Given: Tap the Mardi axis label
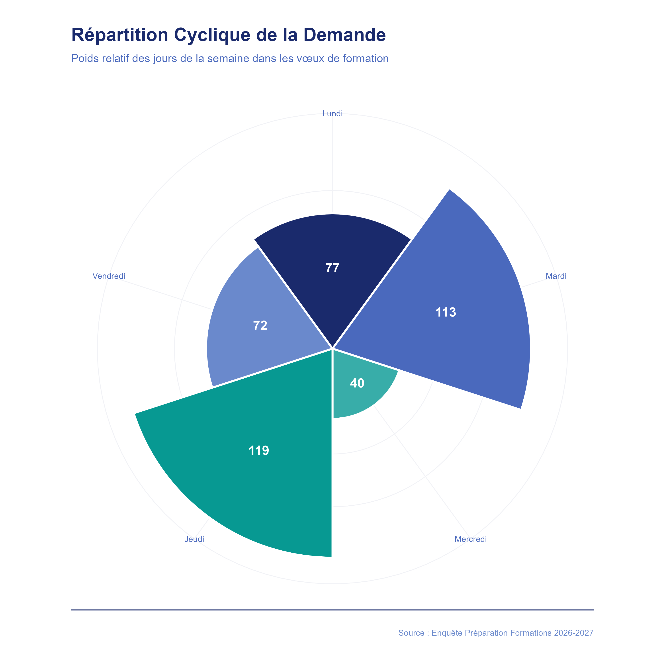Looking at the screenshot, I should coord(556,276).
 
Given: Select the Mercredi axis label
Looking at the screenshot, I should coord(471,539).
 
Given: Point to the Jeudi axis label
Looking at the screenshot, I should coord(194,539).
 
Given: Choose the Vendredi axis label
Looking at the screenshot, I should coord(109,276).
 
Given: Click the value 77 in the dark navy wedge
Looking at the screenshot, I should coord(332,268).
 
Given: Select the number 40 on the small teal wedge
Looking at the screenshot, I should coord(357,383).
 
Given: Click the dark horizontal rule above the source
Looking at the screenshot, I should coord(332,610).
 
